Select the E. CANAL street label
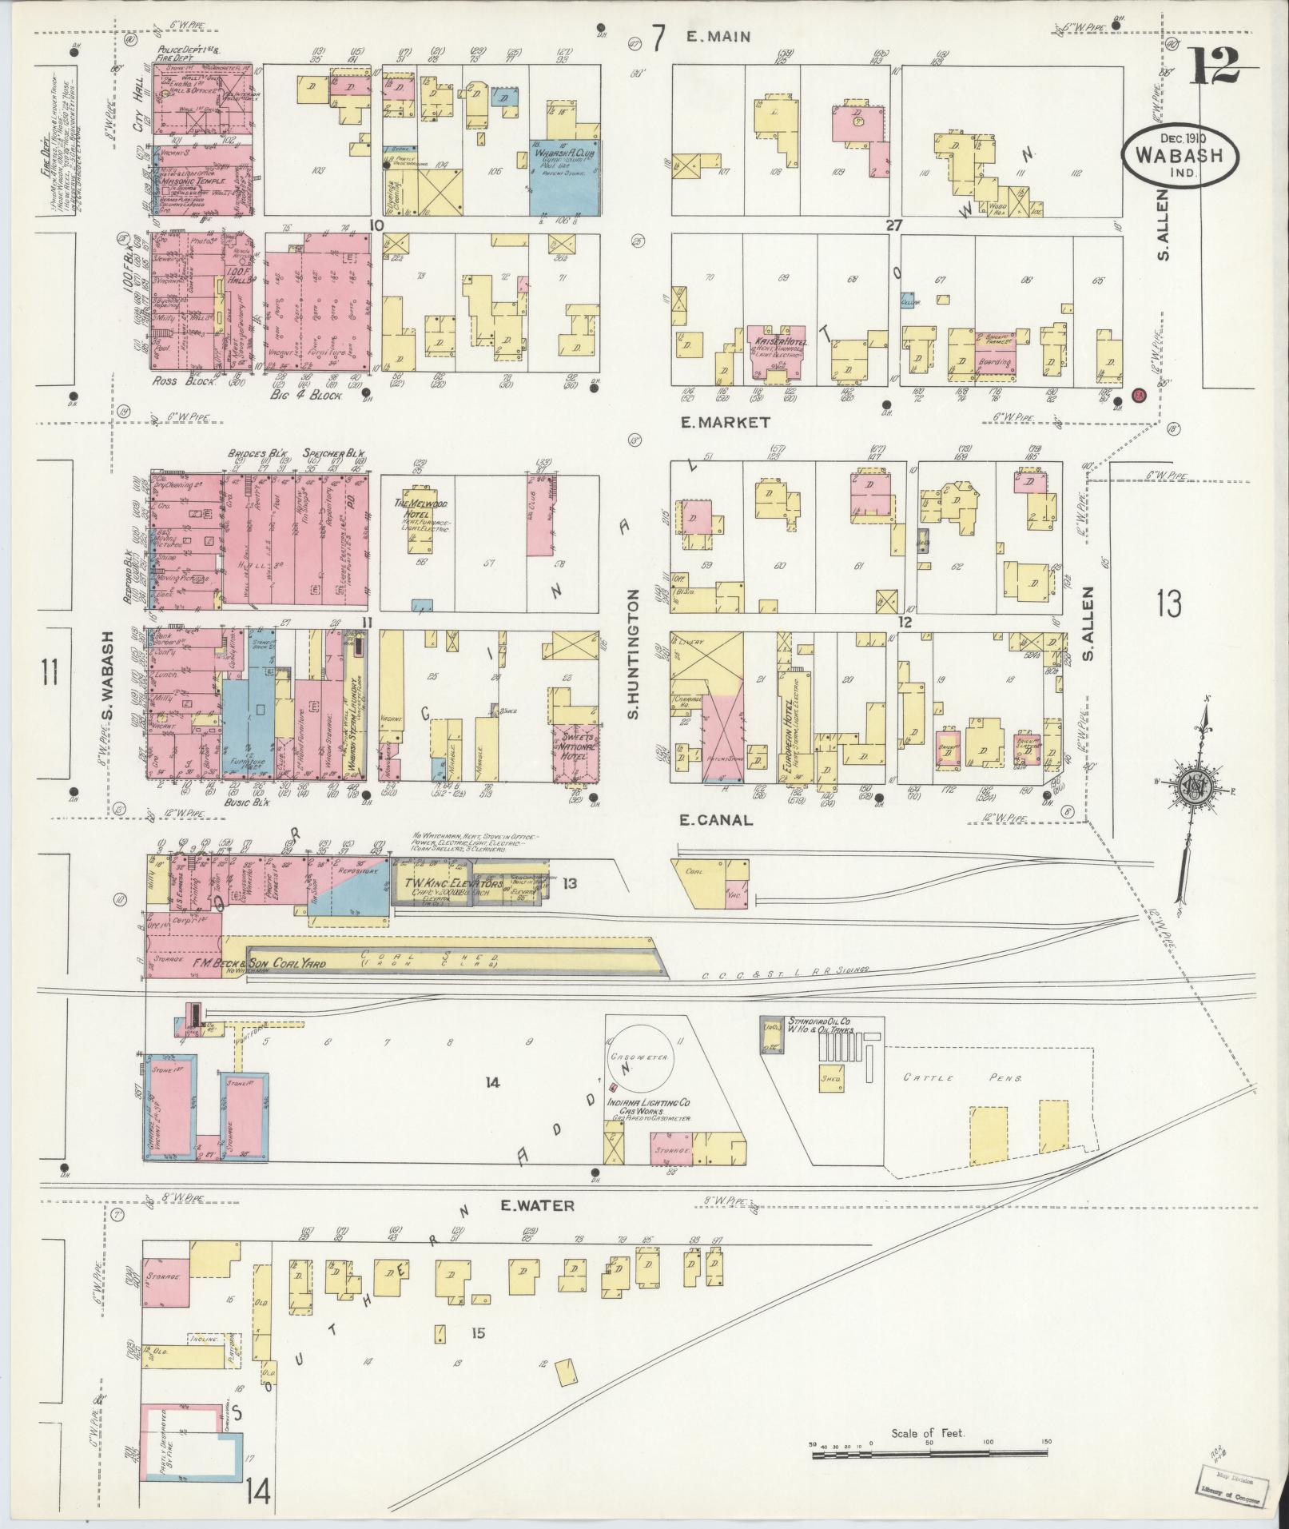pyautogui.click(x=715, y=819)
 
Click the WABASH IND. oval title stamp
pyautogui.click(x=1180, y=156)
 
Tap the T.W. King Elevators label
pyautogui.click(x=454, y=885)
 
